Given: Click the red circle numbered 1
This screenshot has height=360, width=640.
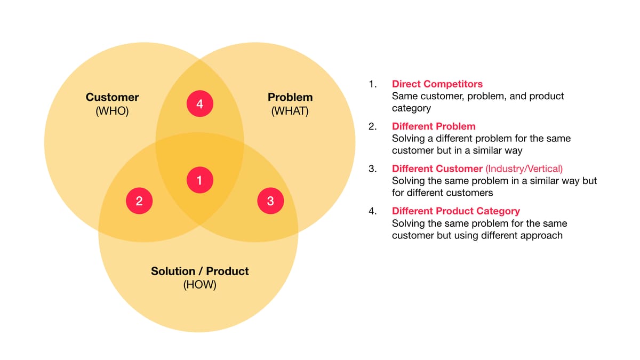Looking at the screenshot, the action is [199, 180].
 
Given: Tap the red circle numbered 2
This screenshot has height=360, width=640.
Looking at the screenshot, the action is [139, 201].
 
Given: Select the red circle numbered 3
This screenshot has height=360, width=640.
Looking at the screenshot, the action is [270, 201].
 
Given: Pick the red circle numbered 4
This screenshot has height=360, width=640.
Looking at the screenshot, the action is [199, 103].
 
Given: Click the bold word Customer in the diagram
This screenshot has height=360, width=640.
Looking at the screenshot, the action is [113, 97].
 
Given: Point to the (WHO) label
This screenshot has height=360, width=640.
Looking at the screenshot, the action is [112, 111].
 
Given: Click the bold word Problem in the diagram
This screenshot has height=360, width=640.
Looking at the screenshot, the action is [290, 97].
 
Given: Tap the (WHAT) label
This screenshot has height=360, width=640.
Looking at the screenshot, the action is [290, 111].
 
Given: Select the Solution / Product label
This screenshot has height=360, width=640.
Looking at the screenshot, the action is [199, 271].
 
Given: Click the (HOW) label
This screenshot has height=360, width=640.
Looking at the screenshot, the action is [199, 285].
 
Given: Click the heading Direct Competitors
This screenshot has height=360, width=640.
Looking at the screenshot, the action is [437, 84].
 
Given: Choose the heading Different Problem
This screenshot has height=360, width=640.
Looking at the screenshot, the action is [434, 126].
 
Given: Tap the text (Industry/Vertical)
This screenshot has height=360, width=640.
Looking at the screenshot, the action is [524, 169].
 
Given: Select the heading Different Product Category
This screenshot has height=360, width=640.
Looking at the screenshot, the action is [455, 211].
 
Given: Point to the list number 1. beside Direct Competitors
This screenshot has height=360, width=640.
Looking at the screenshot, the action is [373, 84].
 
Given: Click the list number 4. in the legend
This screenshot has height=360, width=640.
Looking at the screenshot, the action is [373, 211].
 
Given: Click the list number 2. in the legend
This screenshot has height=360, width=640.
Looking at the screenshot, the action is [373, 126].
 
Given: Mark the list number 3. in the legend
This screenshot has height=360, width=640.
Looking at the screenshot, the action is [373, 169].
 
